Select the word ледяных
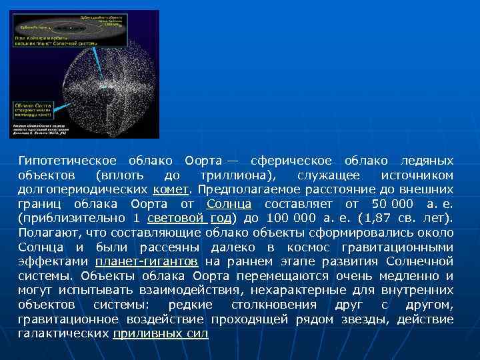(x=426, y=161)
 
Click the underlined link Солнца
(x=229, y=203)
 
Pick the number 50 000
(x=391, y=203)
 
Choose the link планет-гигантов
(x=146, y=261)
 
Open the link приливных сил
(x=161, y=333)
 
